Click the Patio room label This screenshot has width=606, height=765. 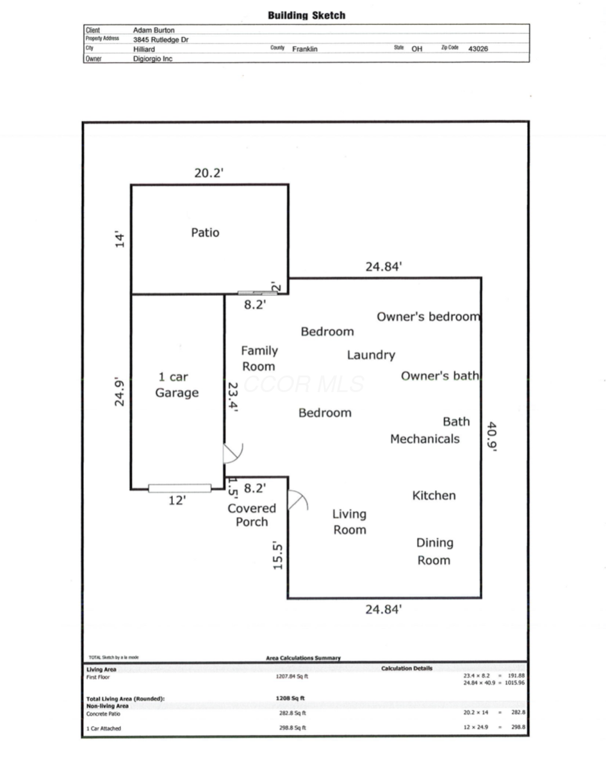(x=205, y=232)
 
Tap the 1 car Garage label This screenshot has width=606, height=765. (x=177, y=384)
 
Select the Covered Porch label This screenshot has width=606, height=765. (x=252, y=514)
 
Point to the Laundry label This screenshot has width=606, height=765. (x=371, y=355)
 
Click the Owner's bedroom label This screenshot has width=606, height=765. (x=429, y=317)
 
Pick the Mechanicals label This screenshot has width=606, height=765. (x=425, y=439)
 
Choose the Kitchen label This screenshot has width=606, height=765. (x=434, y=495)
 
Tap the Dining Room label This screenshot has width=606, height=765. (x=434, y=551)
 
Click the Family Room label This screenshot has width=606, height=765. (x=259, y=359)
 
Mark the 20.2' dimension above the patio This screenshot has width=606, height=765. (x=209, y=173)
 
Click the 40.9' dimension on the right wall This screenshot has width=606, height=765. (x=492, y=437)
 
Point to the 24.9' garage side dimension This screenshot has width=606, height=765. (x=120, y=391)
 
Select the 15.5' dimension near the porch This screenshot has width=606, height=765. (x=277, y=555)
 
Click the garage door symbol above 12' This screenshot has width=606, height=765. (x=179, y=488)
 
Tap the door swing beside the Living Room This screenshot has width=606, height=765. (x=298, y=500)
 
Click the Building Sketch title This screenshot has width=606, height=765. (x=306, y=15)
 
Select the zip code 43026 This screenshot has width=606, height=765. (x=478, y=49)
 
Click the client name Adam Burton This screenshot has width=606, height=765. (x=154, y=30)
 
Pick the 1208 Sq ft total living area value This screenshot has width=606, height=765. (x=290, y=698)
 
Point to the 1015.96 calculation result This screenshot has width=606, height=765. (x=515, y=682)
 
